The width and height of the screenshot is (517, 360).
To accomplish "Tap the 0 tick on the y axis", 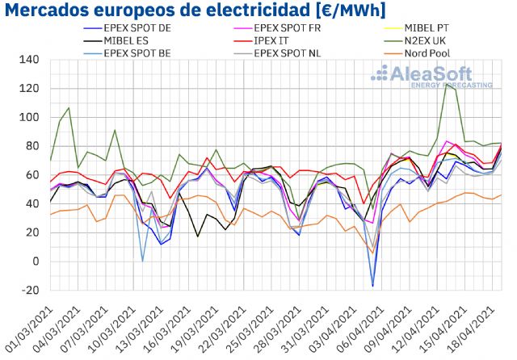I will [x=36, y=262].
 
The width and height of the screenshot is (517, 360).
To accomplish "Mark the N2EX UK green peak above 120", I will [x=446, y=83].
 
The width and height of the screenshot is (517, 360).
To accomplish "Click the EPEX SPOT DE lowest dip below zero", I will [x=372, y=286].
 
